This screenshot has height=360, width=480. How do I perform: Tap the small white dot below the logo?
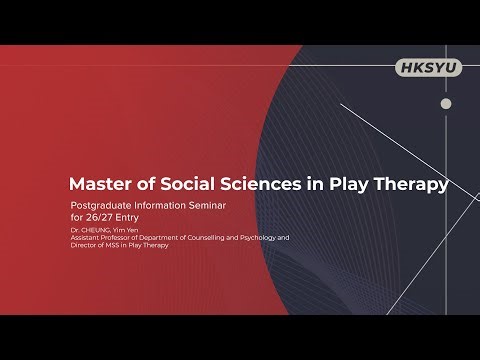coord(446,103)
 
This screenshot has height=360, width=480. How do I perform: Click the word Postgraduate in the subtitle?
coord(98,209)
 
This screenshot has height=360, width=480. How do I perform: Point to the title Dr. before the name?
coord(75,231)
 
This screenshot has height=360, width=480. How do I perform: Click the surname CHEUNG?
coord(96,231)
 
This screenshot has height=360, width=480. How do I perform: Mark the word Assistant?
coord(85,238)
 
